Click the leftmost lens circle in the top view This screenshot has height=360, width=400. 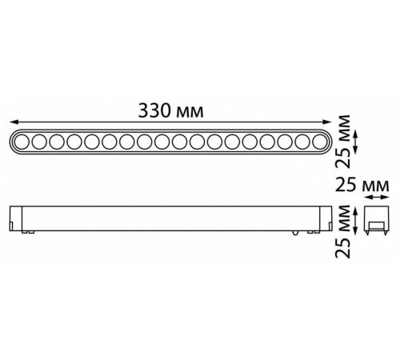coord(24,142)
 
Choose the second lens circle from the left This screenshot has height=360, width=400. coord(42,142)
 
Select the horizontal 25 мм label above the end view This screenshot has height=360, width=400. coord(362,186)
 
